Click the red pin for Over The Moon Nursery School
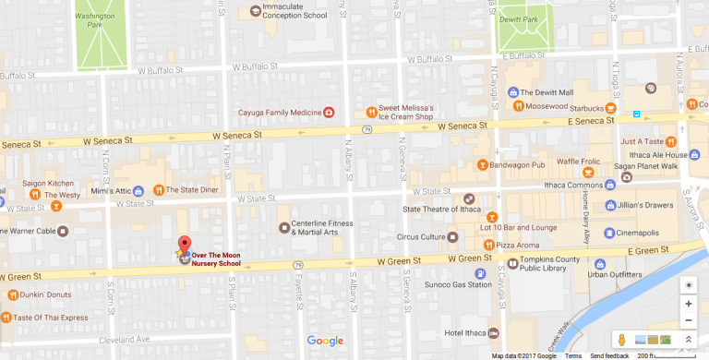click(184, 244)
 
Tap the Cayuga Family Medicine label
click(274, 113)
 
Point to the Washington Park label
click(102, 20)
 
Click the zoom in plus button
click(688, 304)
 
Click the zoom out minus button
click(688, 320)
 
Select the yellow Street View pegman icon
click(621, 340)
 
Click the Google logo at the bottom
click(325, 341)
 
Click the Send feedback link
click(610, 355)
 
